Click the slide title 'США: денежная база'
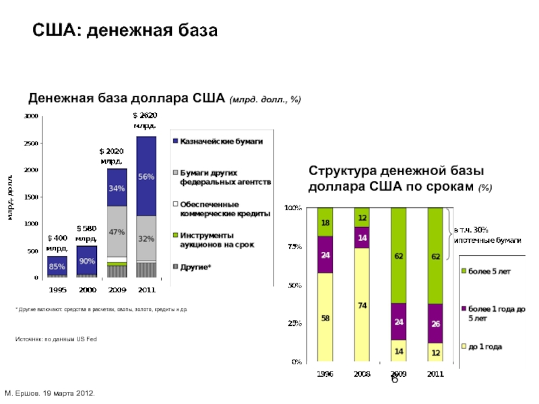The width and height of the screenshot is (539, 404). [126, 31]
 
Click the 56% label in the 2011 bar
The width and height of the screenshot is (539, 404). [146, 176]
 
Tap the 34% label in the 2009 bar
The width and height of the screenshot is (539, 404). [117, 189]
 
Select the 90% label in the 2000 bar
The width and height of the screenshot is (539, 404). [86, 261]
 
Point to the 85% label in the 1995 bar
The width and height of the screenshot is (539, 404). [57, 266]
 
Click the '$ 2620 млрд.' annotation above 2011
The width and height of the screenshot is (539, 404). [146, 121]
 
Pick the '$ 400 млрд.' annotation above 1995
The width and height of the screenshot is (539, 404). [57, 242]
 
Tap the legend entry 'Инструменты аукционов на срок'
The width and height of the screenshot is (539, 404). [216, 240]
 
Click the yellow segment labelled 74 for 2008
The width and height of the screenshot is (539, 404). [362, 305]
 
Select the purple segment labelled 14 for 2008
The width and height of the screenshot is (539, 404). [362, 238]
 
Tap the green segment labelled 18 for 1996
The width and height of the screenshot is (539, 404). [325, 222]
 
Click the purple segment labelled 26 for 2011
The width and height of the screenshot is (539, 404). [436, 323]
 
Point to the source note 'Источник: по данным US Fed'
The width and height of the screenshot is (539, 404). [57, 339]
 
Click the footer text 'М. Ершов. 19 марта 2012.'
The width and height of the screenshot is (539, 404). [51, 392]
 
